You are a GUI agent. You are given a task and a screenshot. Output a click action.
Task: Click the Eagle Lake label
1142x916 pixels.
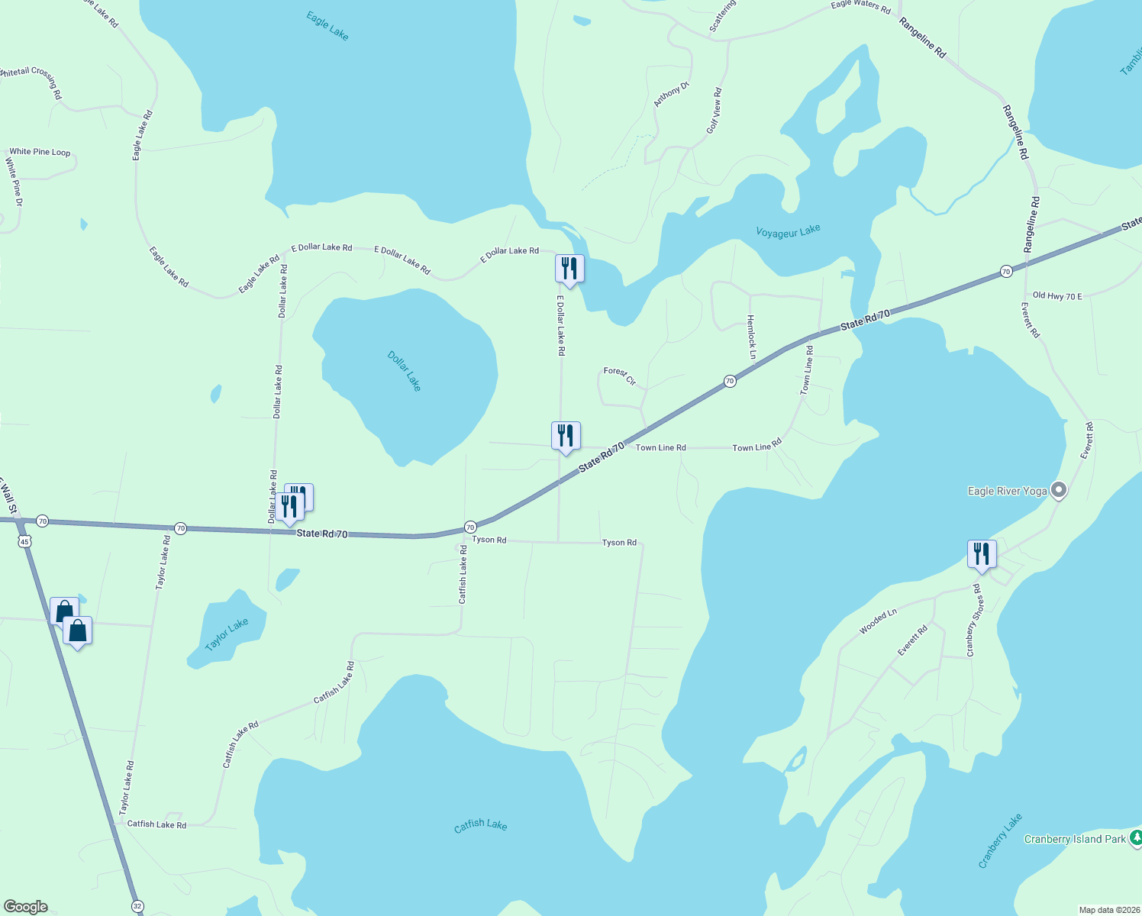click(327, 25)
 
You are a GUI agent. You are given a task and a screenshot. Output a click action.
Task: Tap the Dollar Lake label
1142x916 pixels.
click(404, 371)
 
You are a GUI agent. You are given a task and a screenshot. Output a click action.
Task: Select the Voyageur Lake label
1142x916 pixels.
click(788, 231)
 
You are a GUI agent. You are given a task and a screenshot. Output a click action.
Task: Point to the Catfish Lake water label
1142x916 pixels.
click(480, 825)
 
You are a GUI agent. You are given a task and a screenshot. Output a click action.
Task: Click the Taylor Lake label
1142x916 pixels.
click(227, 635)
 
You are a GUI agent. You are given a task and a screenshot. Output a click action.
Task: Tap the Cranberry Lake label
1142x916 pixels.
click(1000, 840)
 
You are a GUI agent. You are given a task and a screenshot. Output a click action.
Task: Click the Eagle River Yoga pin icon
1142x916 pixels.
click(1059, 490)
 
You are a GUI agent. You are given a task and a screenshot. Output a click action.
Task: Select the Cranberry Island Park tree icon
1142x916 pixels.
click(1135, 838)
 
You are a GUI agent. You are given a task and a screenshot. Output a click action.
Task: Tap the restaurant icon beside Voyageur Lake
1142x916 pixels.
click(569, 268)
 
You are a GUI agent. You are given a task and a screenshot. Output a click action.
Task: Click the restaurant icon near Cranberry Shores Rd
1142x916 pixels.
click(982, 553)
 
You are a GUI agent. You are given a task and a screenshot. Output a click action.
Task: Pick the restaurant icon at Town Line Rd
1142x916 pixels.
click(566, 435)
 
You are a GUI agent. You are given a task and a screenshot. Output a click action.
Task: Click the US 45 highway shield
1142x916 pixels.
click(25, 541)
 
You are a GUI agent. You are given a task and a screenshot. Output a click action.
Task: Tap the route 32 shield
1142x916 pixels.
click(137, 906)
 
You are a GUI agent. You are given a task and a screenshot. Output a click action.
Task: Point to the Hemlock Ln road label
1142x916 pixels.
click(751, 337)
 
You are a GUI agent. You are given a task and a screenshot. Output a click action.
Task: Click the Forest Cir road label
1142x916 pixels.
click(620, 376)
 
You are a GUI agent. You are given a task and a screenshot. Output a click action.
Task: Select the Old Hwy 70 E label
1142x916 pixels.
click(1057, 295)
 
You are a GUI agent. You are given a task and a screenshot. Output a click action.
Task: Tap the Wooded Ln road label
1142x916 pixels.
click(878, 621)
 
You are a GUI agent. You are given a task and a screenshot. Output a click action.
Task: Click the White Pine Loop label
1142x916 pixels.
click(40, 152)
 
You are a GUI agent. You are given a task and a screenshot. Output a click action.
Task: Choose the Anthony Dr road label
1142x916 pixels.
click(671, 95)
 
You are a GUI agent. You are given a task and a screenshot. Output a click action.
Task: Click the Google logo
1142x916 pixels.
click(26, 907)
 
